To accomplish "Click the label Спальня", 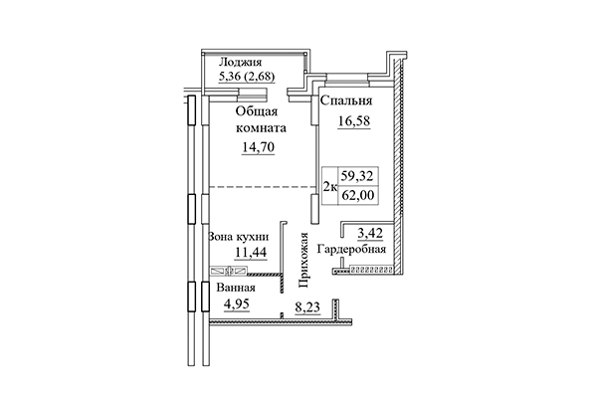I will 346,100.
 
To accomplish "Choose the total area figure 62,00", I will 359,196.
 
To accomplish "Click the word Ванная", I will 236,289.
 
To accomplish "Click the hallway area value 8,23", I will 307,309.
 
